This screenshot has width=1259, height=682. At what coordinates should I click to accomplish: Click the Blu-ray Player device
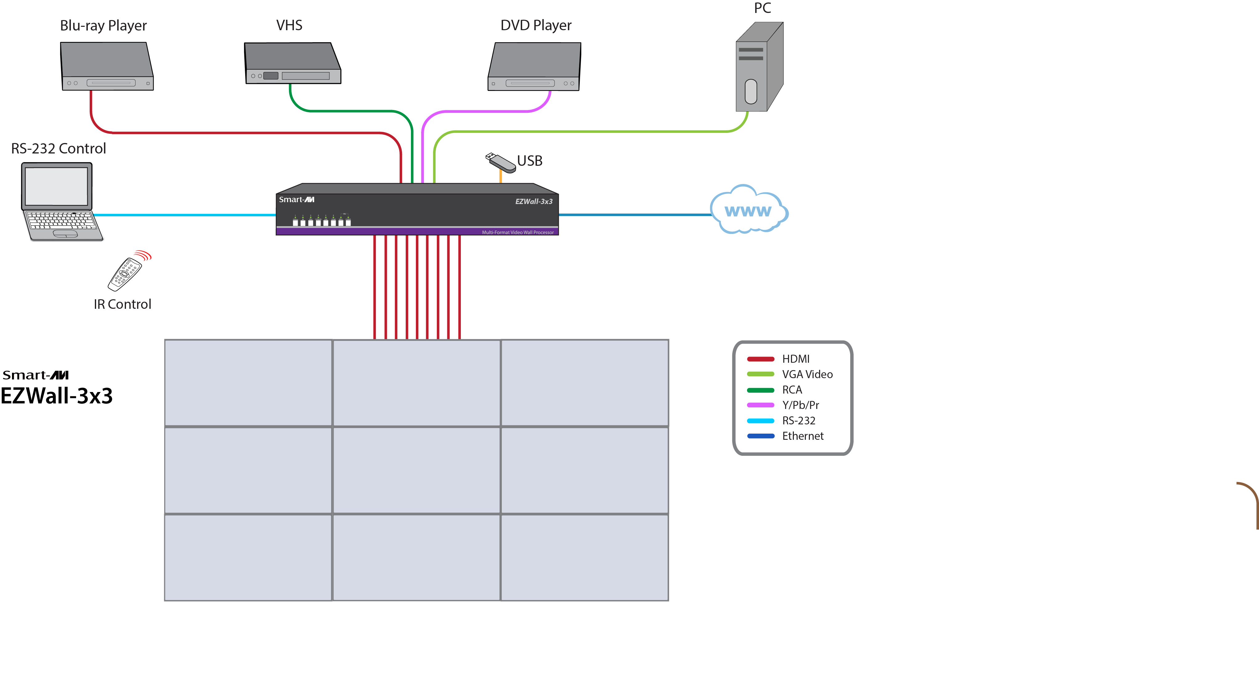[107, 66]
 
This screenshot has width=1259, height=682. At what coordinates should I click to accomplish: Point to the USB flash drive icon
[501, 163]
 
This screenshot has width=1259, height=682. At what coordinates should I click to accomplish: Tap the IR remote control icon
[126, 273]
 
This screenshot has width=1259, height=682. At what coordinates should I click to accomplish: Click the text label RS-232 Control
[58, 149]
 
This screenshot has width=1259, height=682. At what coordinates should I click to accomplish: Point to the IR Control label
[122, 304]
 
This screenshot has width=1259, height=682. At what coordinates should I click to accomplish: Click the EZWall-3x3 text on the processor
[534, 202]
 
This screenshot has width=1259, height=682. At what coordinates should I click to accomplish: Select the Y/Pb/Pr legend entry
[800, 405]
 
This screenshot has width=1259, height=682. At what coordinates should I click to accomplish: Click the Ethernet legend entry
[802, 435]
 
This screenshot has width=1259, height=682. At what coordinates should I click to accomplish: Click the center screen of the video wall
[416, 470]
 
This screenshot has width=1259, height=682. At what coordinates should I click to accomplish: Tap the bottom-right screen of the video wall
[585, 557]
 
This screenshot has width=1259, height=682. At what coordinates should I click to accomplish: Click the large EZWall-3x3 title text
[57, 395]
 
